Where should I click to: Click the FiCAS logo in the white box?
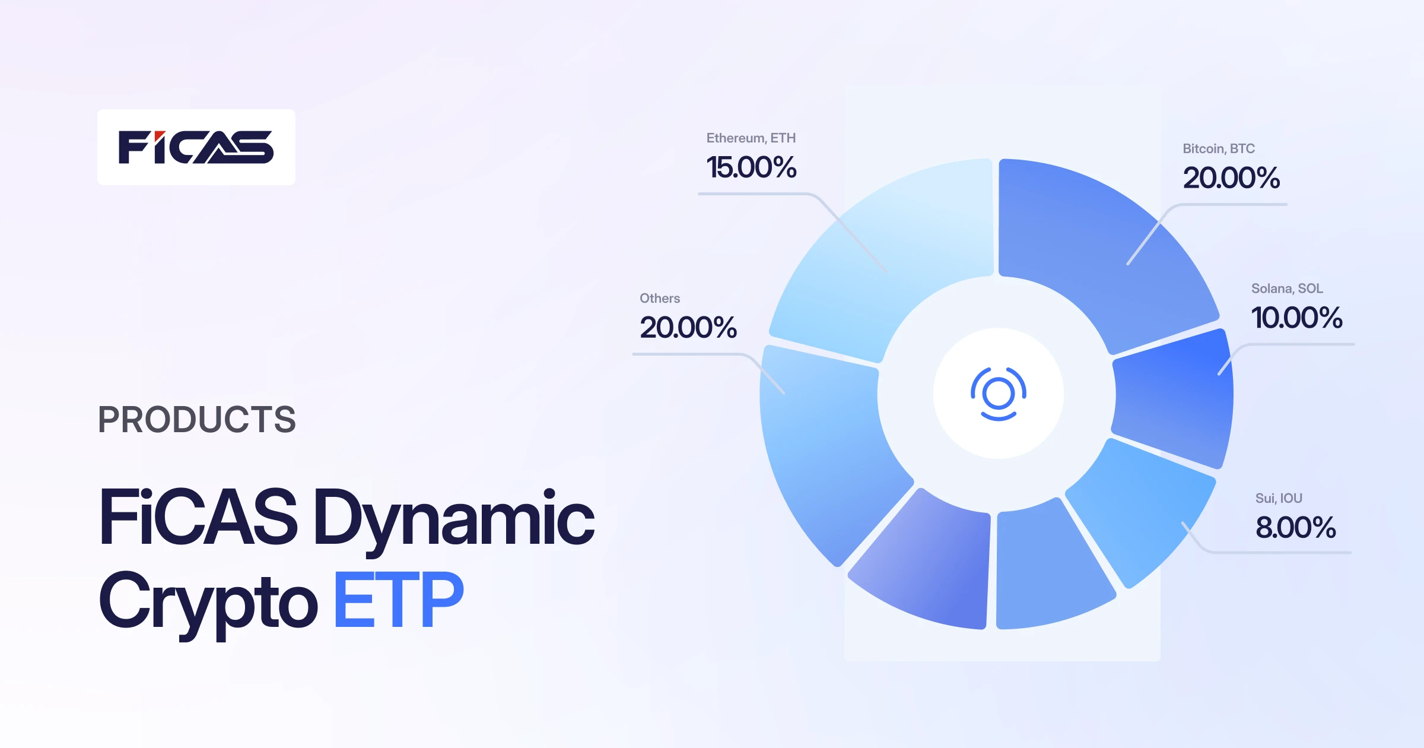(196, 147)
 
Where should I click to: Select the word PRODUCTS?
(197, 420)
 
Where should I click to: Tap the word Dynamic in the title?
(453, 518)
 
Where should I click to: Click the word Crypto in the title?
(208, 601)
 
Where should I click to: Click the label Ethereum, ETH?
(751, 138)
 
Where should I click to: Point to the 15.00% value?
(751, 167)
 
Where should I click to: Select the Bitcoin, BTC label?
(1219, 149)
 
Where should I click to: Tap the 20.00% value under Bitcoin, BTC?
(1231, 178)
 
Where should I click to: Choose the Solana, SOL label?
(1287, 289)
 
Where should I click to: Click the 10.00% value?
(1296, 318)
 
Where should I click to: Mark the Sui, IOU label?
(1279, 499)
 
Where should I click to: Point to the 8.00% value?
(1295, 528)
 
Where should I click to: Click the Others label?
(660, 299)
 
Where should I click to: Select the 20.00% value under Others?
(688, 328)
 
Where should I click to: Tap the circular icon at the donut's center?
(999, 394)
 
